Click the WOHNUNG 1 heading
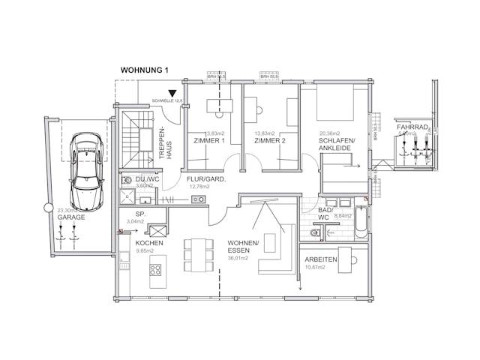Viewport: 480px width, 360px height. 145,70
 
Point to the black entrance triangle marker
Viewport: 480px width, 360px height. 172,93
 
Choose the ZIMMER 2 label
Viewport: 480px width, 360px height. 269,141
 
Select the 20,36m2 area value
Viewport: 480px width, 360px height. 331,134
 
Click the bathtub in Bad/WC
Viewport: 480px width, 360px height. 361,222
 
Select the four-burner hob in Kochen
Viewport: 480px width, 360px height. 157,269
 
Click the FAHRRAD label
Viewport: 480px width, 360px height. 412,128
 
